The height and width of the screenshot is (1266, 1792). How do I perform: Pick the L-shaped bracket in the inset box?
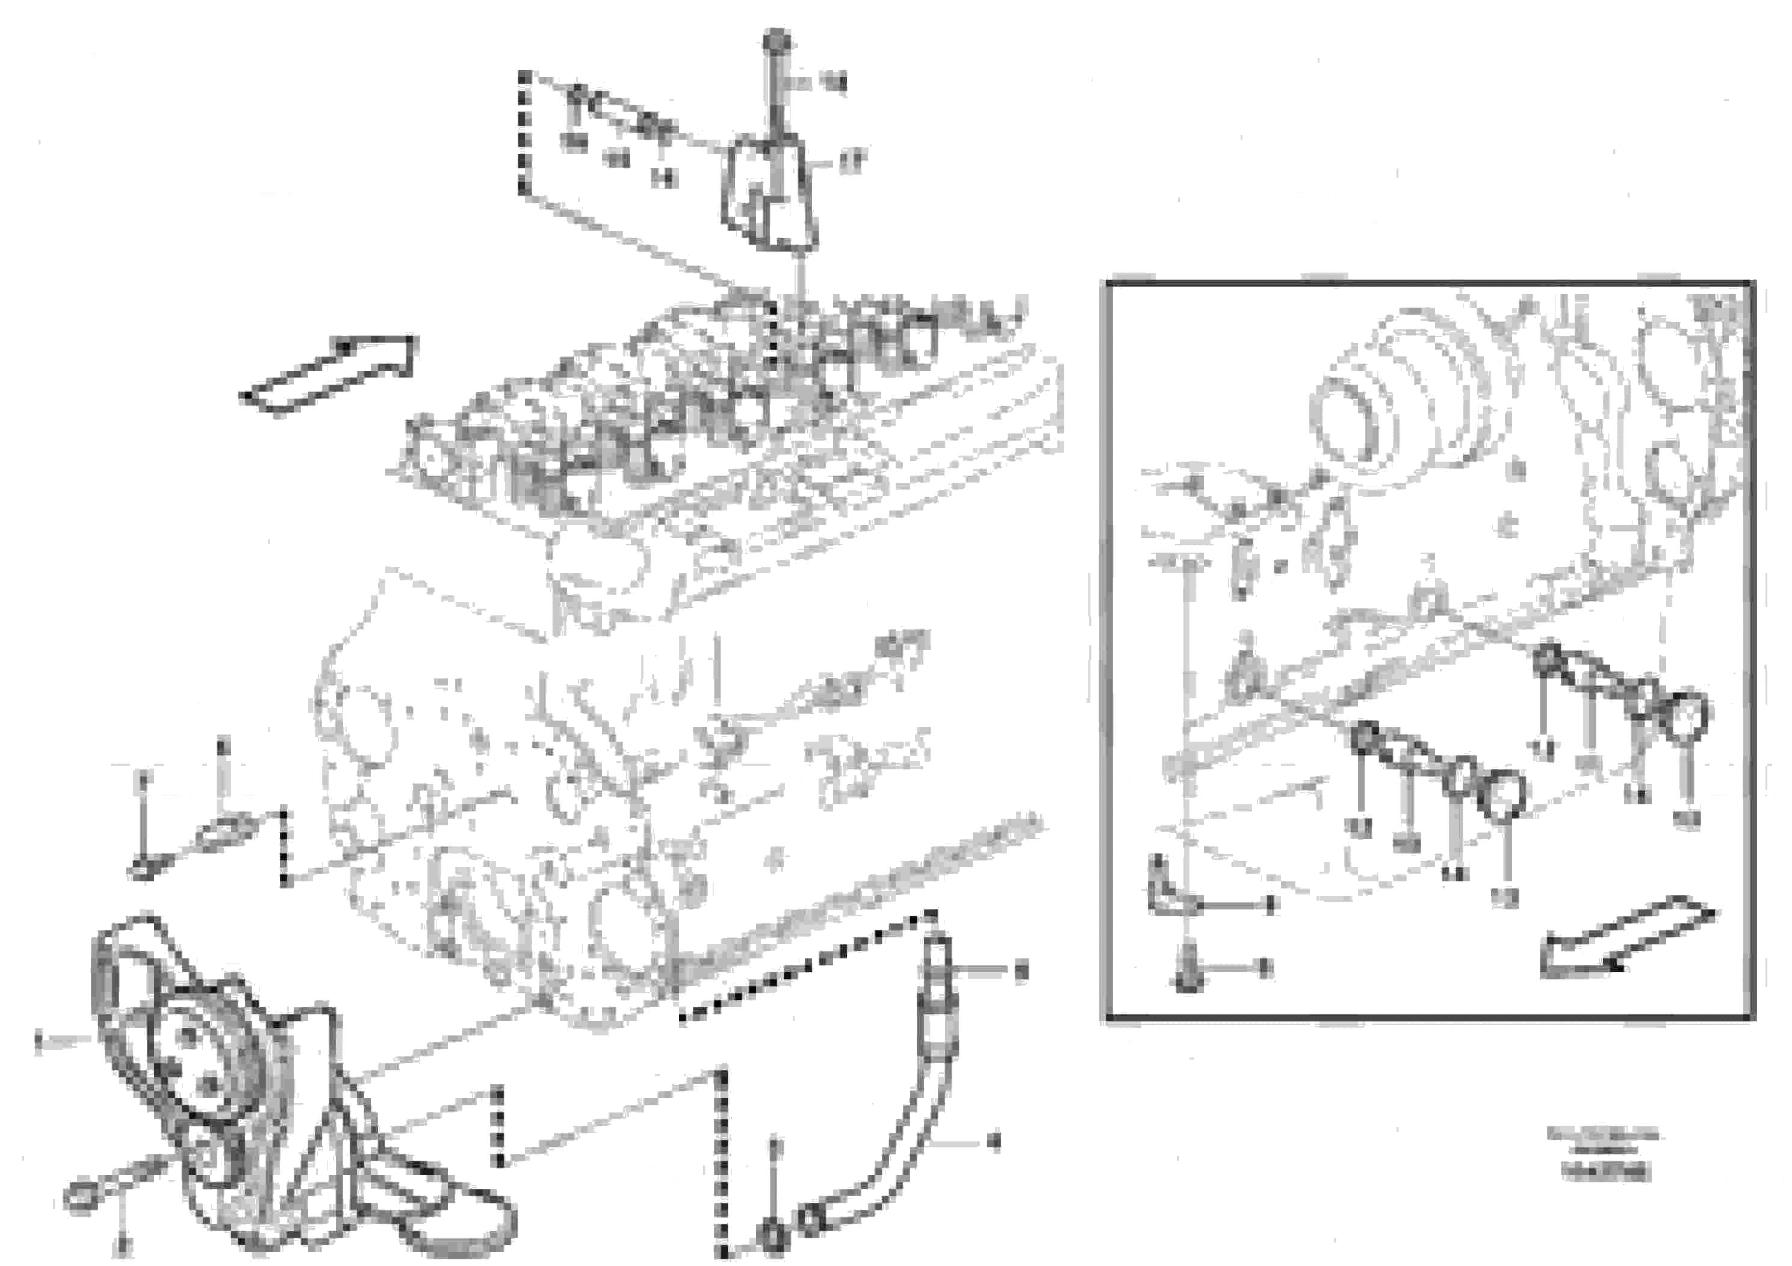(1163, 886)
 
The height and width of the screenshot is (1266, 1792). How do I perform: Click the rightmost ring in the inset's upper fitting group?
(1687, 714)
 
